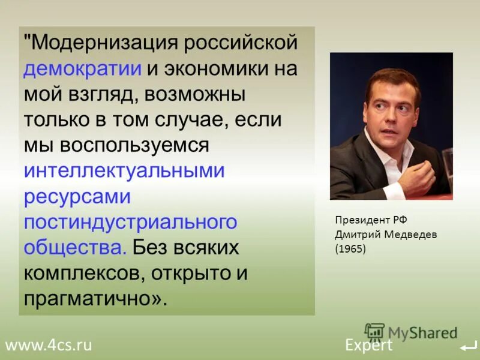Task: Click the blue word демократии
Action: point(83,68)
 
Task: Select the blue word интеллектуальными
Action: point(124,171)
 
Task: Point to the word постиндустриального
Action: point(131,222)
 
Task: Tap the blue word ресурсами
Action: point(77,197)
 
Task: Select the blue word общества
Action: point(74,247)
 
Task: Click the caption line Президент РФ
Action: point(367,220)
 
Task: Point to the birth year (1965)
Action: point(350,248)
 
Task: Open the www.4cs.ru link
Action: point(49,345)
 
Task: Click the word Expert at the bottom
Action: point(368,345)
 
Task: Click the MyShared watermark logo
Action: point(411,332)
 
